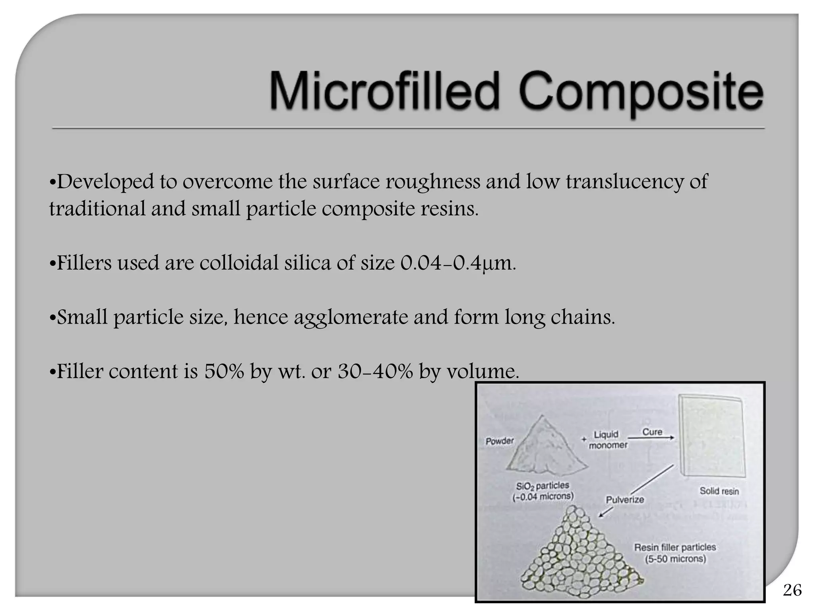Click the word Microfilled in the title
(384, 91)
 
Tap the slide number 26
(792, 590)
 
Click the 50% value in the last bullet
(224, 372)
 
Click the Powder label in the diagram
(500, 441)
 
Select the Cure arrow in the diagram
(652, 437)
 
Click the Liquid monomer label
(607, 440)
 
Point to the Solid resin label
(719, 491)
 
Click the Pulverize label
(624, 500)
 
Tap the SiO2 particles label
(543, 491)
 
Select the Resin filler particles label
(675, 553)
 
